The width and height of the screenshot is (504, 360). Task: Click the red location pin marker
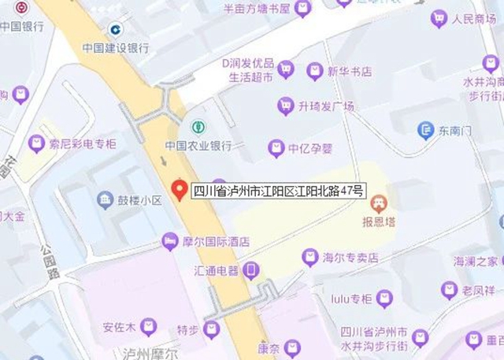tap(180, 189)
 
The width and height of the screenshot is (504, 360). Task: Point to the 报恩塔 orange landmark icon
tap(379, 203)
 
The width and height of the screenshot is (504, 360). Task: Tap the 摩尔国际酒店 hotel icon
tap(169, 240)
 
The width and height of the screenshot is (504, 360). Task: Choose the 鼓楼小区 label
tap(140, 201)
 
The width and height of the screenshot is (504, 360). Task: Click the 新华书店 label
tap(351, 72)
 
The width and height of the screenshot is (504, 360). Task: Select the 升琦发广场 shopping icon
tap(285, 106)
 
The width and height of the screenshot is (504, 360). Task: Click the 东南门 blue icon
tap(426, 129)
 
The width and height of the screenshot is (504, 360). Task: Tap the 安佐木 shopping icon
tap(148, 326)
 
